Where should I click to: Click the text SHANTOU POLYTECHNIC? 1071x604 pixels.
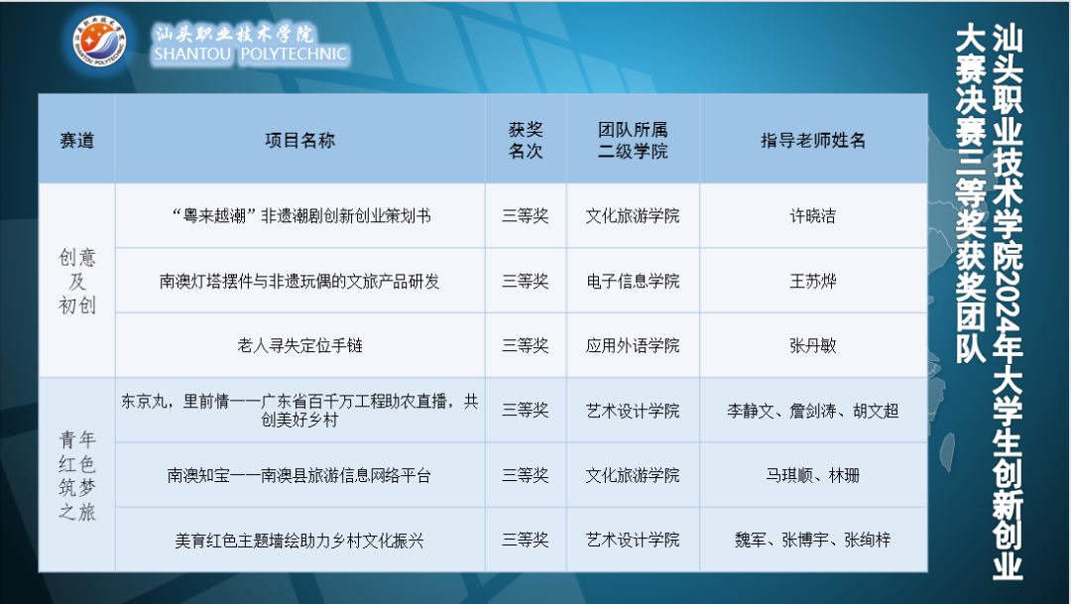[251, 55]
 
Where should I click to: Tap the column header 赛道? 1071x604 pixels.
[77, 140]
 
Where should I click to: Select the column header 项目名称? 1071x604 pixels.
[299, 140]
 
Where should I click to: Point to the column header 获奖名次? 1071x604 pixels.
[526, 140]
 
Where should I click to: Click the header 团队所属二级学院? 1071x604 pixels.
[633, 140]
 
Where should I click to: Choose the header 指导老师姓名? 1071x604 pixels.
[813, 140]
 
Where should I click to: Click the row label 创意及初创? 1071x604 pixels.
[77, 281]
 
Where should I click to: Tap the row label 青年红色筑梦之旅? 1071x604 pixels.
[77, 474]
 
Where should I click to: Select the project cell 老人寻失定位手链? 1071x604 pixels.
[299, 346]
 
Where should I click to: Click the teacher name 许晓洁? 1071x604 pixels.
[813, 215]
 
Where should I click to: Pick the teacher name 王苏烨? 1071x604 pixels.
[813, 281]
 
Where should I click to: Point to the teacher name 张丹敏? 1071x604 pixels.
[813, 346]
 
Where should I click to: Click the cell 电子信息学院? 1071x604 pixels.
[633, 281]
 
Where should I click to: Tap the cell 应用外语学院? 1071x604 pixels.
[633, 346]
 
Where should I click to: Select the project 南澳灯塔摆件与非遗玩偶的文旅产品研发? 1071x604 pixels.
[299, 281]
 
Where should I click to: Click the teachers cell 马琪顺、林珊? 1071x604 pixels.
[813, 475]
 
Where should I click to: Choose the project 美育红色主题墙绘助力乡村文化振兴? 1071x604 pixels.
[299, 541]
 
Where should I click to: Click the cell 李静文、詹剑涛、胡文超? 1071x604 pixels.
[813, 410]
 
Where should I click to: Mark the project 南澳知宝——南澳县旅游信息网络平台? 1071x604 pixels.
[299, 475]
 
